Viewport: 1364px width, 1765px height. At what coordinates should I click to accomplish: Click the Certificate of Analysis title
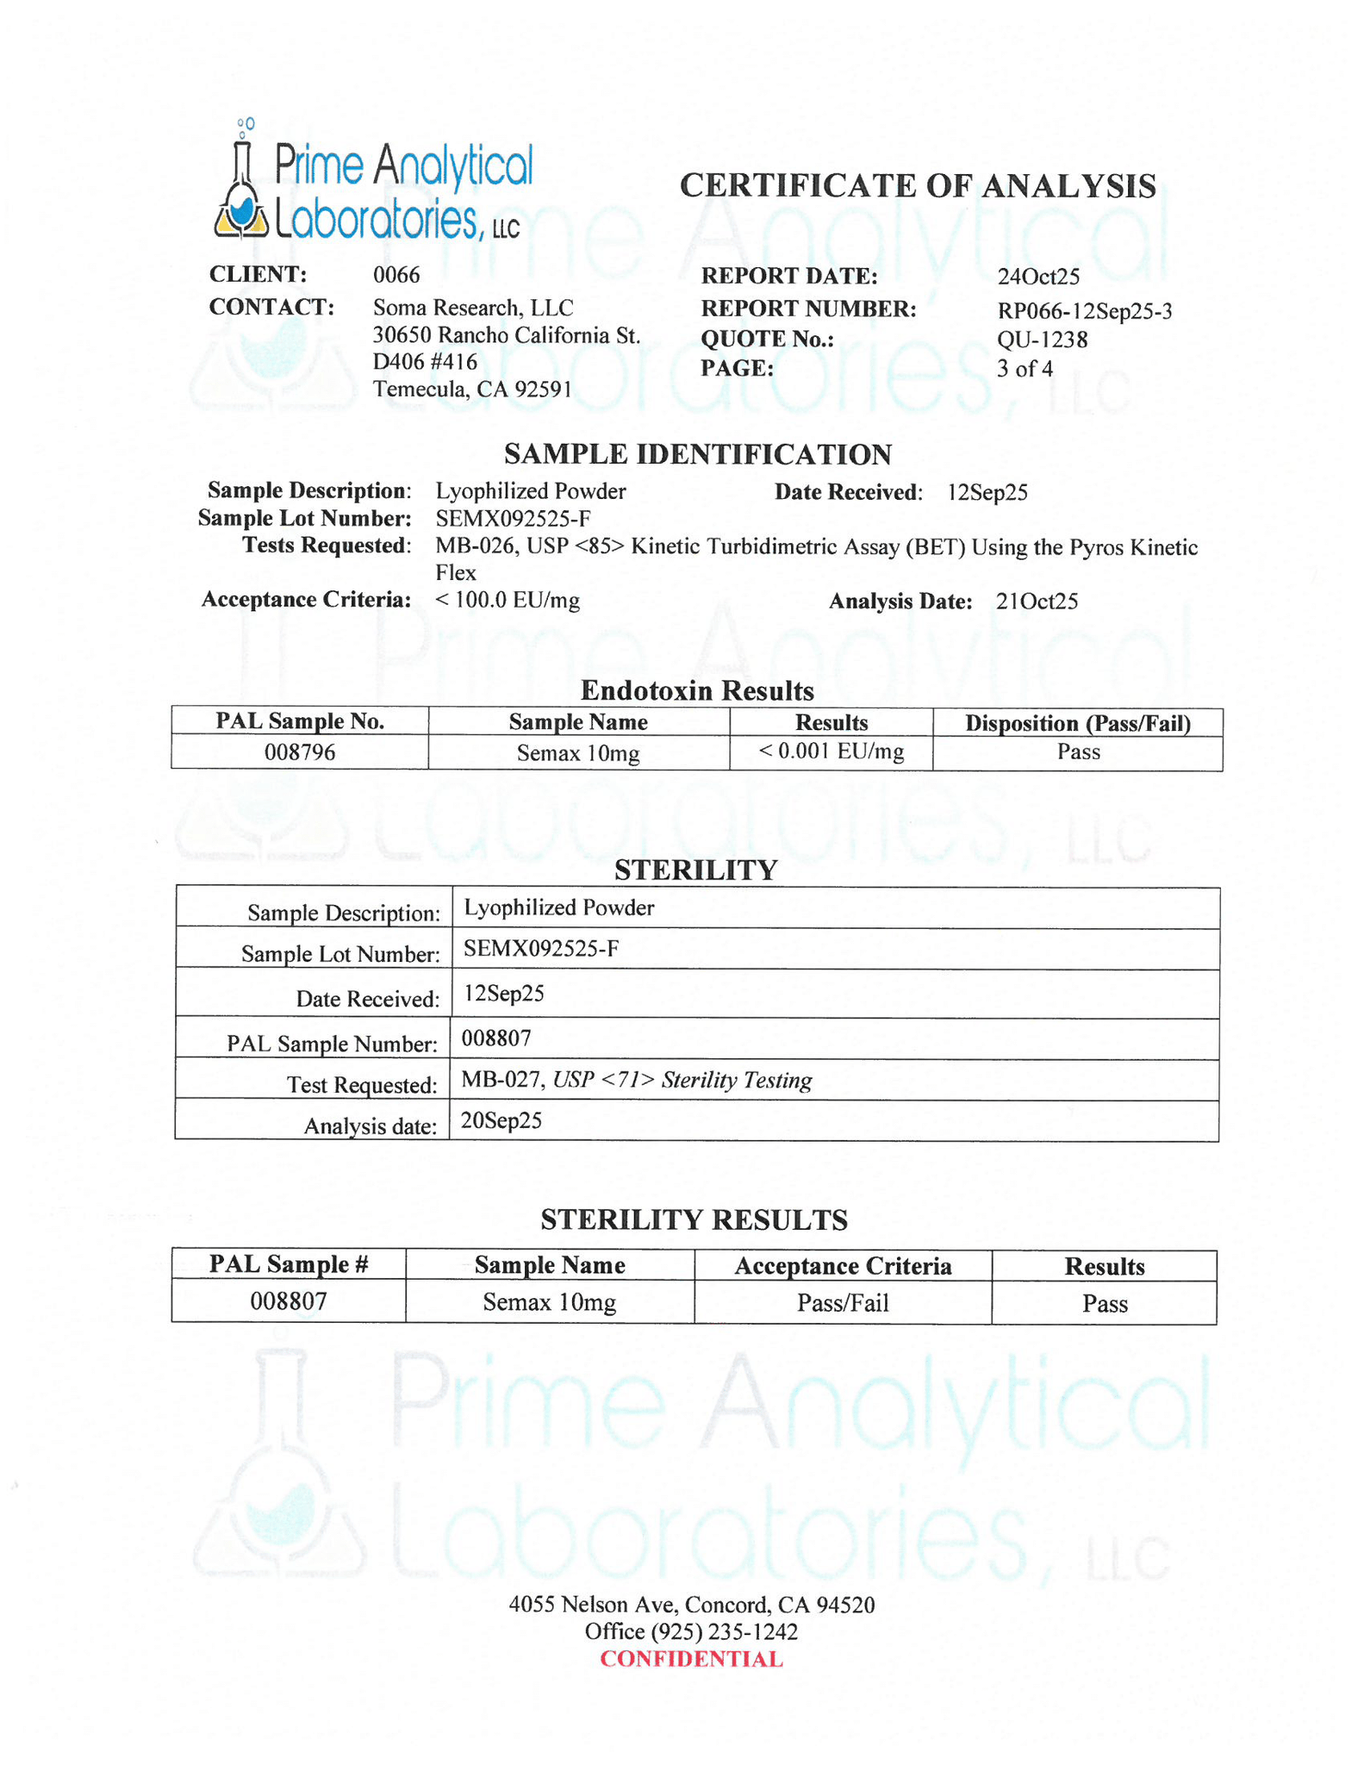pos(917,186)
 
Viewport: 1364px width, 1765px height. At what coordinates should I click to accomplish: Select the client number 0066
pos(396,275)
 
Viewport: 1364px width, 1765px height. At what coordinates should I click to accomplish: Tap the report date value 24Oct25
pos(1038,277)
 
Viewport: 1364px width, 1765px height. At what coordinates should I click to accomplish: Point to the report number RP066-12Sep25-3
pos(1084,311)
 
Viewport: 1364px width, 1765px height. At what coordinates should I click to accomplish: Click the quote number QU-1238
pos(1042,340)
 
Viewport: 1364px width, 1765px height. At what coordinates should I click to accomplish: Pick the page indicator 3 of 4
pos(1025,369)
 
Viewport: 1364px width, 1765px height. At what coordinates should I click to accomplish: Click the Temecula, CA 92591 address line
pos(472,390)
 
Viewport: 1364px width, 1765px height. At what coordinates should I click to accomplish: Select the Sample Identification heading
pos(697,454)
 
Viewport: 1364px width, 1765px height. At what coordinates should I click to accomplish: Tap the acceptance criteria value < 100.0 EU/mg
pos(508,600)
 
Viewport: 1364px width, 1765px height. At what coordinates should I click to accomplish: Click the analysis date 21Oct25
pos(1037,602)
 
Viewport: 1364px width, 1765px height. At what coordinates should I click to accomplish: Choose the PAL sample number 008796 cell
pos(300,752)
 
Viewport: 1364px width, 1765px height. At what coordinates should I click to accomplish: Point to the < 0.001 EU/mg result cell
pos(831,752)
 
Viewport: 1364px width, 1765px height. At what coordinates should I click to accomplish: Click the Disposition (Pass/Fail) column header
pos(1077,723)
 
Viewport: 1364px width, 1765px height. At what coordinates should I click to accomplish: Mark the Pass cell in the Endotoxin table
pos(1078,752)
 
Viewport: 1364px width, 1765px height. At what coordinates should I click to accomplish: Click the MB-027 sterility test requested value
pos(636,1080)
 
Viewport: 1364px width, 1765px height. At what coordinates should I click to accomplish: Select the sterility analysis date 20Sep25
pos(501,1120)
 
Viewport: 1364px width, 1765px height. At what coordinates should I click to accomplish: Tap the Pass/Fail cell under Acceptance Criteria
pos(842,1302)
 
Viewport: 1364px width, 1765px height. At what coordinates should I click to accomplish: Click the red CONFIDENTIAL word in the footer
pos(691,1659)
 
